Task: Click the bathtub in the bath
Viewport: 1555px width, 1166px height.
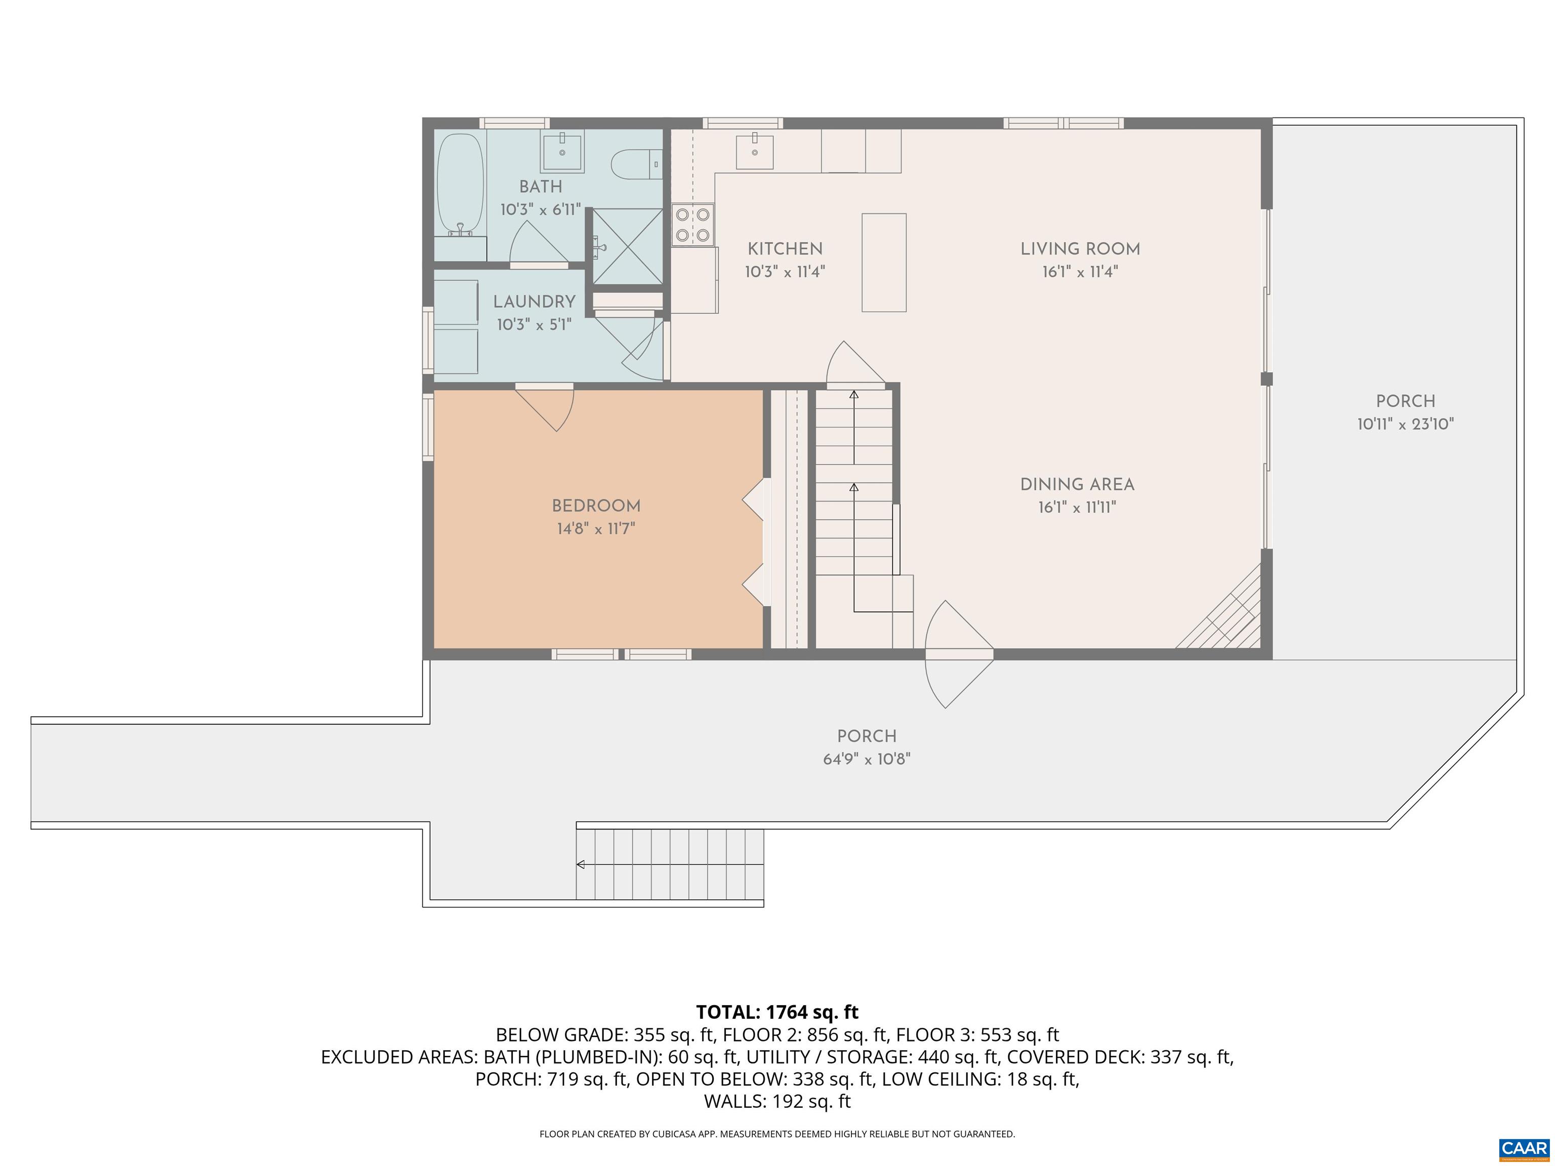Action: click(x=461, y=184)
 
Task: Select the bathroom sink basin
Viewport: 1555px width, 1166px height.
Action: click(x=562, y=152)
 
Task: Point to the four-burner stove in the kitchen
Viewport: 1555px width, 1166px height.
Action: click(x=692, y=224)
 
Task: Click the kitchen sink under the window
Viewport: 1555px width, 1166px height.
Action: click(x=754, y=152)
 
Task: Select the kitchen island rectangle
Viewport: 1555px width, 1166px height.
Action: click(x=884, y=262)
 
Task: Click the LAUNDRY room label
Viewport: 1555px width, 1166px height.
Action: click(x=534, y=302)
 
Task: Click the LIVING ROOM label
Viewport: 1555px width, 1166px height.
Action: click(x=1080, y=249)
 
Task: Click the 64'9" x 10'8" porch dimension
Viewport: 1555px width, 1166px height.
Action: click(x=866, y=759)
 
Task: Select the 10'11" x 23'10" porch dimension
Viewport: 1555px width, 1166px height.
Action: click(x=1405, y=424)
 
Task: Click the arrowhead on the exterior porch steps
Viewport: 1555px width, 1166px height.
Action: click(x=581, y=864)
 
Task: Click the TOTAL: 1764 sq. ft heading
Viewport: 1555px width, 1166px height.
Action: click(x=777, y=1012)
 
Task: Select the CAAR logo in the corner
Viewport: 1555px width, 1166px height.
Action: click(x=1524, y=1148)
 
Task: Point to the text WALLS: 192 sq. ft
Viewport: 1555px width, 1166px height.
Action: click(x=777, y=1101)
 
